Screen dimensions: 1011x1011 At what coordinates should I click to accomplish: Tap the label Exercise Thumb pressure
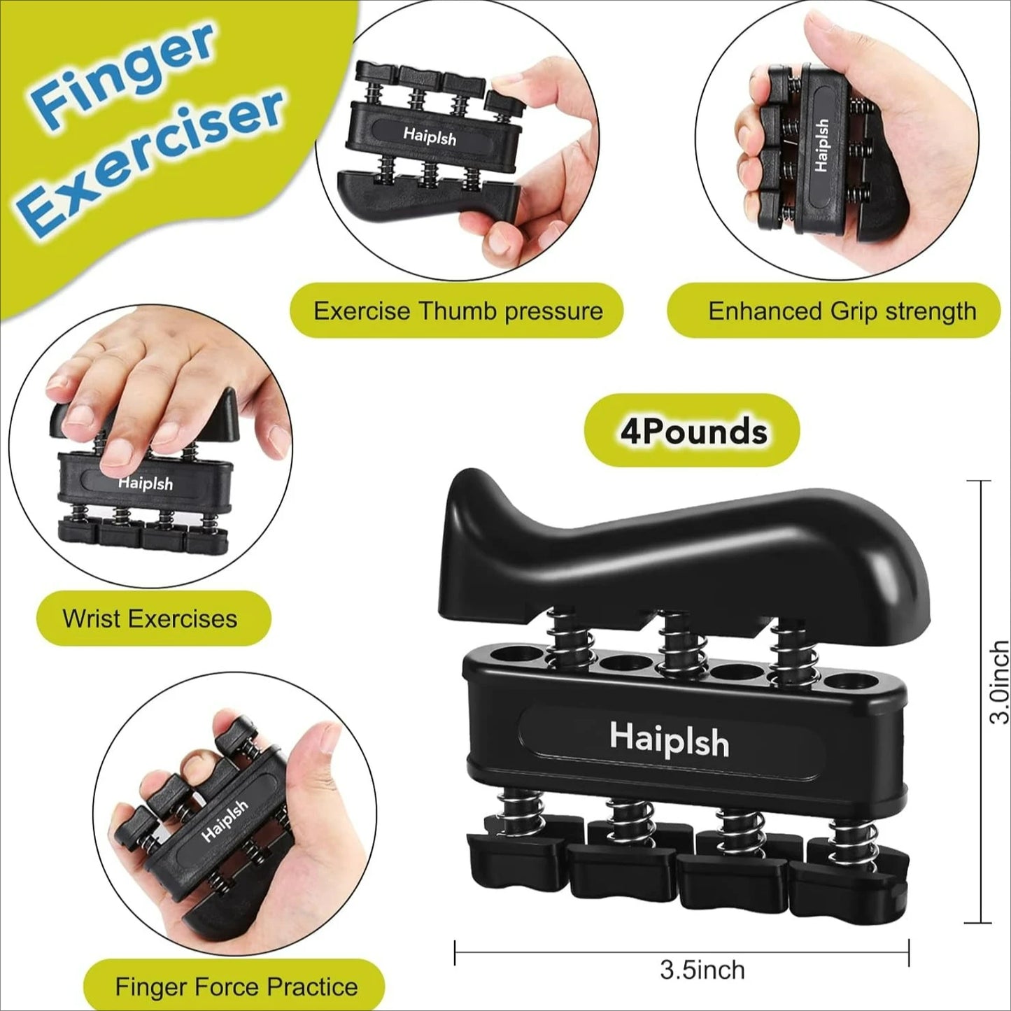[458, 311]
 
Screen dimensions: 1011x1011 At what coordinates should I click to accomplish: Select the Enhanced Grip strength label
[841, 311]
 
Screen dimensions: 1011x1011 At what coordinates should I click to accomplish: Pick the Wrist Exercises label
[150, 618]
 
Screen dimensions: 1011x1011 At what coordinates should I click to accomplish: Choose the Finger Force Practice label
[236, 987]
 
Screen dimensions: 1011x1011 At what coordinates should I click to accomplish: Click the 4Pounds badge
[693, 431]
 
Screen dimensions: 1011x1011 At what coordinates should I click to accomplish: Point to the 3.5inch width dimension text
[702, 970]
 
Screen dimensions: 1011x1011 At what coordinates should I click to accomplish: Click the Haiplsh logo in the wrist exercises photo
[145, 483]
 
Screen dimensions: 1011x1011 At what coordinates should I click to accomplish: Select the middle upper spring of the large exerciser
[675, 647]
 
